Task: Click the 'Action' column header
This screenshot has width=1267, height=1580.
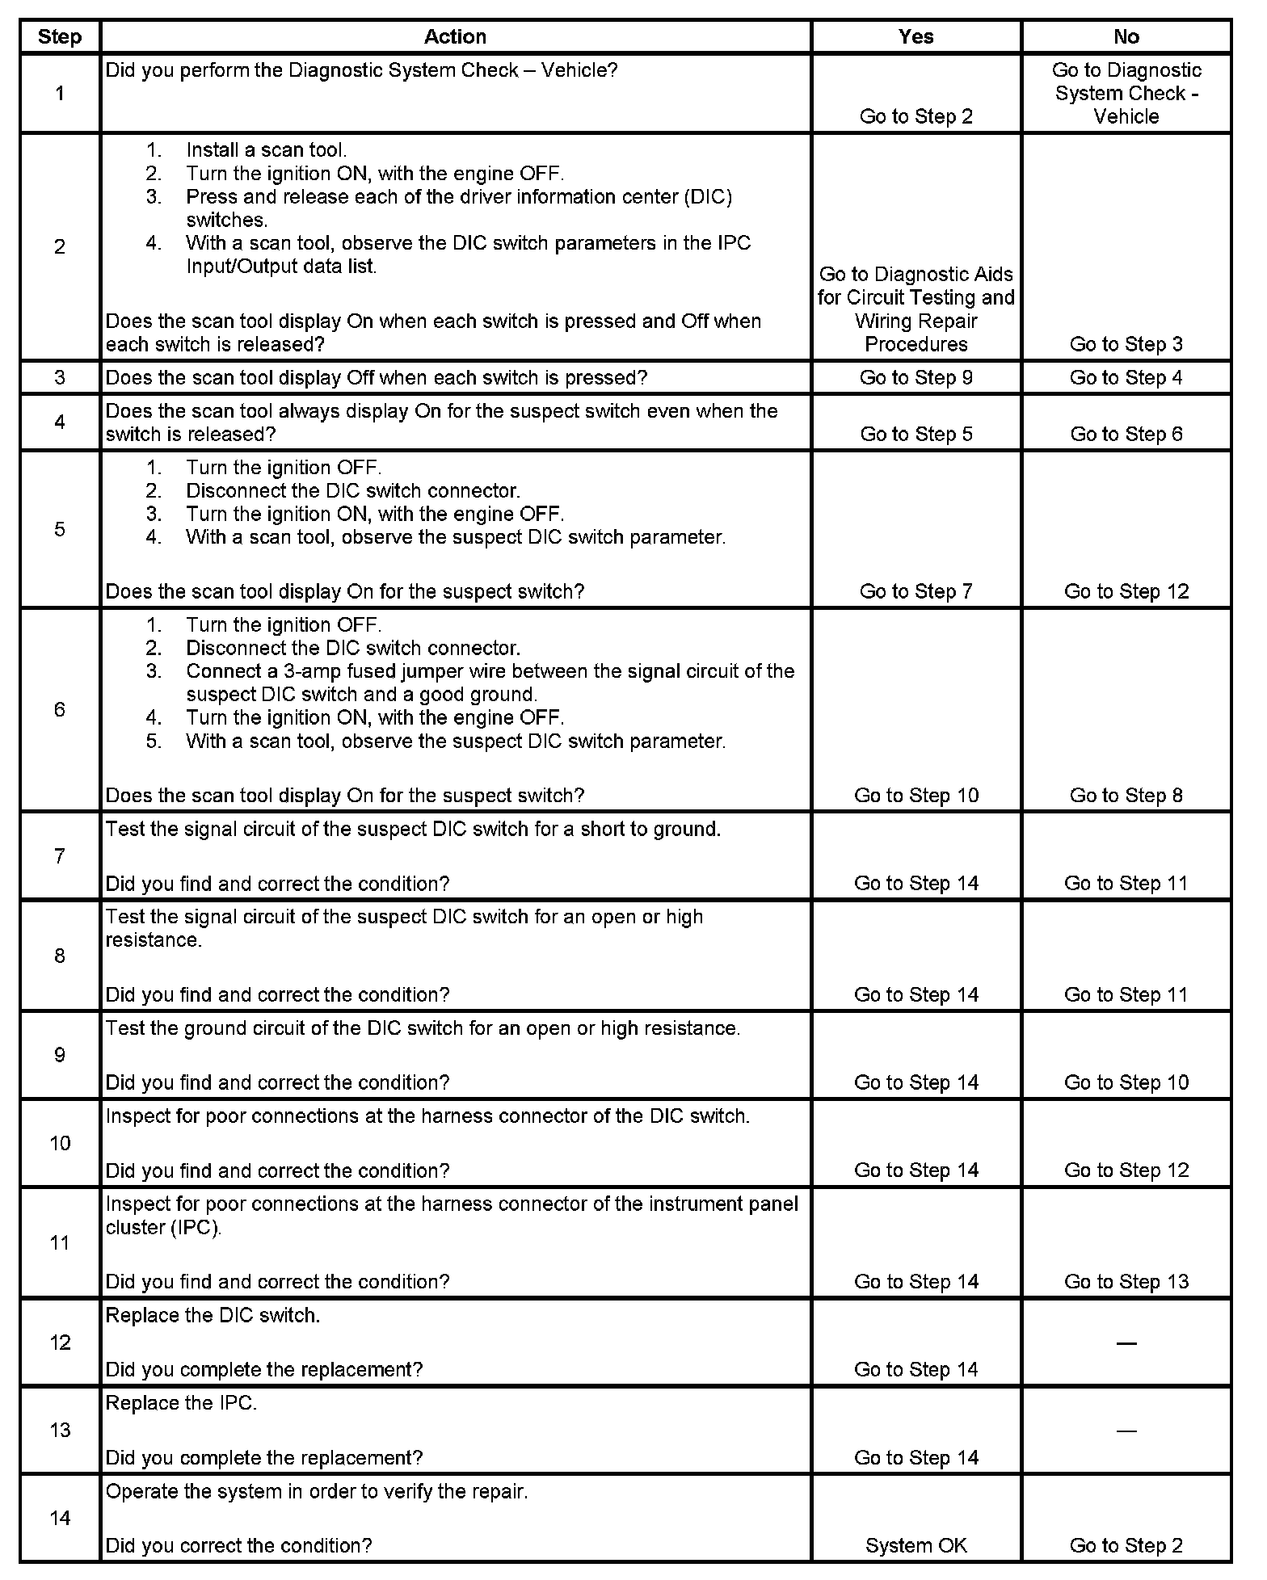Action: (x=455, y=37)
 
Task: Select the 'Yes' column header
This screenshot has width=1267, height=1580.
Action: (x=916, y=37)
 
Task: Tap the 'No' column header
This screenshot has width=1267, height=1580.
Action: (x=1126, y=37)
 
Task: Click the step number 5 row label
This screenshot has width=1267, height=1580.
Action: (x=60, y=529)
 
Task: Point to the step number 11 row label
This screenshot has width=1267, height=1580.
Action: (x=60, y=1242)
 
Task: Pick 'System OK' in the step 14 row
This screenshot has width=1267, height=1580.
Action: (x=916, y=1545)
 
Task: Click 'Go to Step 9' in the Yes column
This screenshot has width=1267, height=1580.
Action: (x=916, y=378)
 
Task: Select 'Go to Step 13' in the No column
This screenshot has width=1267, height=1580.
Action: (x=1126, y=1282)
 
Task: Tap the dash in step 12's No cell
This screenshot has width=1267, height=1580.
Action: (x=1126, y=1343)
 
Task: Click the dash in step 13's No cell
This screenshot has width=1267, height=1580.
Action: (x=1126, y=1431)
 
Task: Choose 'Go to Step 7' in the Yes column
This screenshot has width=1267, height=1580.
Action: (x=916, y=591)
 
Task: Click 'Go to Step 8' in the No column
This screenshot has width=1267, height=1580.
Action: (x=1126, y=796)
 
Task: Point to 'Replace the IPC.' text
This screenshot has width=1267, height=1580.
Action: (x=181, y=1404)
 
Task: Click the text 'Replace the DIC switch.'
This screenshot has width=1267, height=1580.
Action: (x=213, y=1316)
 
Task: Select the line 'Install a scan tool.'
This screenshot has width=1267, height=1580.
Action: (x=266, y=150)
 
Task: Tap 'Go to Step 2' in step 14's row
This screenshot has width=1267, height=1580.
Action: (x=1126, y=1545)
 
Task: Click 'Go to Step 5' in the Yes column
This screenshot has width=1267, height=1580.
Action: (x=916, y=435)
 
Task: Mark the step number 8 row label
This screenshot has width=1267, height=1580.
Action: (x=60, y=956)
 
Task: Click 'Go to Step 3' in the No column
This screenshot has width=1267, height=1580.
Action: (x=1126, y=345)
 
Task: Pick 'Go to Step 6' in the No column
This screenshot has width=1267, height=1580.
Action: (x=1126, y=435)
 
